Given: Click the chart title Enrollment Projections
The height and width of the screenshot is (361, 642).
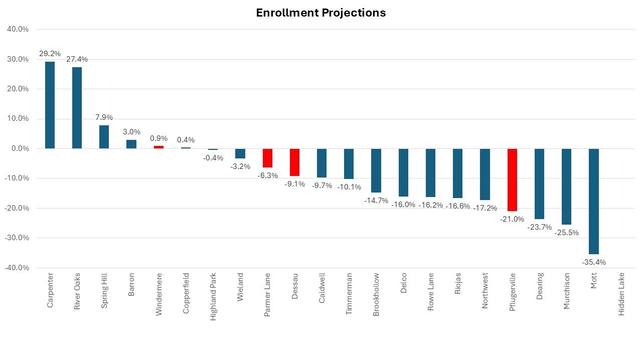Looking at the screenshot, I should tap(321, 13).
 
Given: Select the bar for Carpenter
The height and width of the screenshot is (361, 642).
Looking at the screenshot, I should tap(50, 105).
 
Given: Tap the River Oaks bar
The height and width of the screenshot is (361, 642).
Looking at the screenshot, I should tap(77, 108).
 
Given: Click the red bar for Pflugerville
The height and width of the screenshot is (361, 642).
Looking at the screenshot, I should tap(512, 179).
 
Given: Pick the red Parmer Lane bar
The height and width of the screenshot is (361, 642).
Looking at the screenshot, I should tap(267, 158).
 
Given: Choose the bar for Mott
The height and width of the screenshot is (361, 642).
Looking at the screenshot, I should tap(593, 201).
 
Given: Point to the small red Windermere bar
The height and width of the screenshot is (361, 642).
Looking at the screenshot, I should tap(158, 147).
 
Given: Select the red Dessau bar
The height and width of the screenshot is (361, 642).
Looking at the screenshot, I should tap(294, 162).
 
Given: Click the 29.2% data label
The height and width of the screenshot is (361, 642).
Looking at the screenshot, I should tap(50, 54).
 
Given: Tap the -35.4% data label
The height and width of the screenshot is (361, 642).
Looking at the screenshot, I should tap(593, 262).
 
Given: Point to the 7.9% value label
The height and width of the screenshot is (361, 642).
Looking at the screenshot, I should tap(104, 117).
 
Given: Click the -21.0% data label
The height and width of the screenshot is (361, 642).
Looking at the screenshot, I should tap(512, 219).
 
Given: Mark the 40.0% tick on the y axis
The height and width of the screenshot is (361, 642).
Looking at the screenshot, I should tap(18, 29).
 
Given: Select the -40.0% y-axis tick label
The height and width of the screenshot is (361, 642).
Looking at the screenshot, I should tap(17, 268).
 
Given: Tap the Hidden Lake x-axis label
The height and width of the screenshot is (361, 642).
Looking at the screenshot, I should tap(621, 294).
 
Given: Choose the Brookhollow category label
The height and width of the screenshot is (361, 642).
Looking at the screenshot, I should tap(376, 295).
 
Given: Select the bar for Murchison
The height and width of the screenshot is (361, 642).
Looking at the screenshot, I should tap(566, 187).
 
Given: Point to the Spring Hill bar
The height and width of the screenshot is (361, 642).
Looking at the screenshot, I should tap(104, 137).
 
